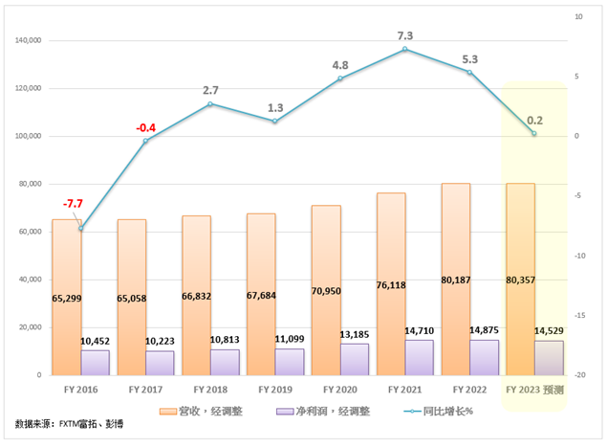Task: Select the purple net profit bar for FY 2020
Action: point(355,360)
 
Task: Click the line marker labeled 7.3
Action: point(405,49)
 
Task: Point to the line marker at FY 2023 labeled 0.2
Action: point(534,133)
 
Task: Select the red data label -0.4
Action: point(146,127)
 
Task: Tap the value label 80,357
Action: point(520,299)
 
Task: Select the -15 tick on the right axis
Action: point(585,315)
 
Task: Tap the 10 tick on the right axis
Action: point(580,17)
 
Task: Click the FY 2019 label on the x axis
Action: point(274,390)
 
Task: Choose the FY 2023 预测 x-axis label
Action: point(534,390)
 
